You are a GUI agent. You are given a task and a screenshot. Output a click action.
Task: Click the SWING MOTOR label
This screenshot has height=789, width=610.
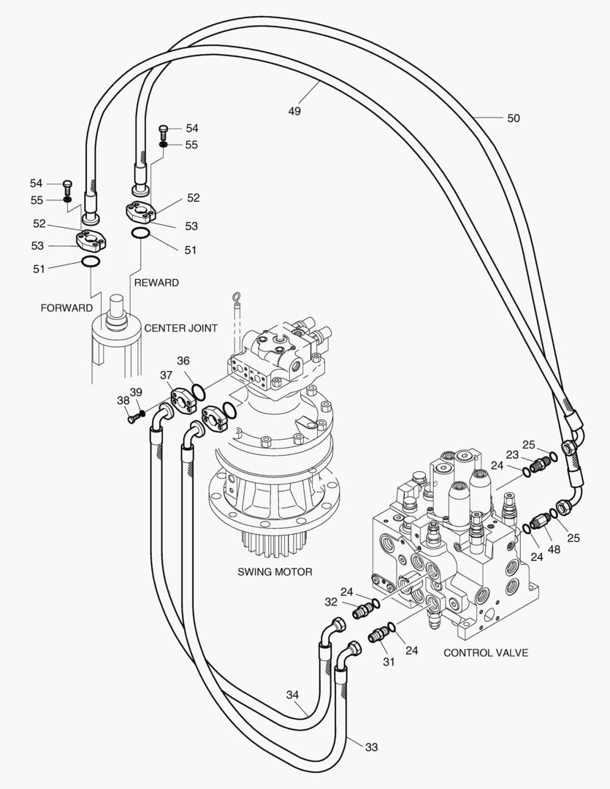point(275,571)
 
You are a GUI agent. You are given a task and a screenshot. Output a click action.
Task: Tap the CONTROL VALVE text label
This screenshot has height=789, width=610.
point(486,652)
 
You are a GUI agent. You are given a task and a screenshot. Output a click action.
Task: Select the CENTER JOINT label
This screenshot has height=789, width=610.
point(180,328)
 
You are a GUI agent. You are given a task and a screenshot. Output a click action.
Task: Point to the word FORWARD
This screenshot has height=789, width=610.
point(66,308)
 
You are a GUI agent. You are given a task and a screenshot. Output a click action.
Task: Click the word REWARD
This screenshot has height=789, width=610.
point(155,282)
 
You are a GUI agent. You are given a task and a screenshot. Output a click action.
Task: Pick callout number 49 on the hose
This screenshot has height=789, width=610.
point(294,111)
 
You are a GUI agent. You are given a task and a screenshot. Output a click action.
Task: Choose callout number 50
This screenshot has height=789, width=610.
point(513,118)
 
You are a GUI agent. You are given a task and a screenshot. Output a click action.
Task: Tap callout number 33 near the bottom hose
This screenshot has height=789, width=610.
point(372,747)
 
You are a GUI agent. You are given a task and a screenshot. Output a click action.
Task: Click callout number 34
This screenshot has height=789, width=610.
point(293,694)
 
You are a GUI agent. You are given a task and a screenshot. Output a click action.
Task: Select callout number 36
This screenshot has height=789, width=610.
point(183,360)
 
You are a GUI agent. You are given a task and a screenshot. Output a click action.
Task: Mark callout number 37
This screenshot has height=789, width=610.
point(167,376)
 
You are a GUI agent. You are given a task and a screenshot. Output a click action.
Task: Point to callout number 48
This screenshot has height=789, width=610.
point(554,549)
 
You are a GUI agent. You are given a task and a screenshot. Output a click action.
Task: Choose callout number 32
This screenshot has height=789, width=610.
point(332,602)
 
